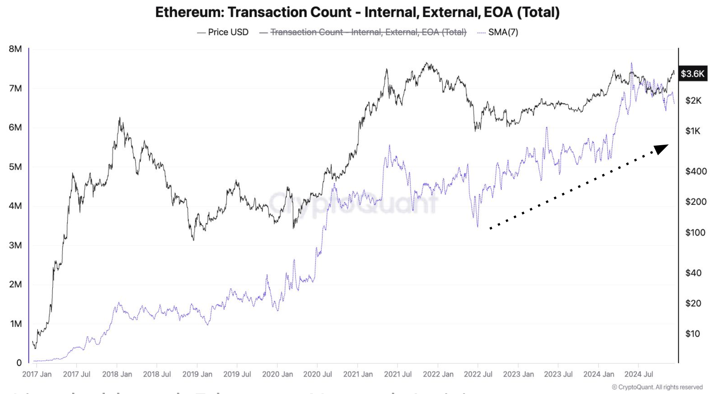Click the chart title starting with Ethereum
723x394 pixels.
[357, 12]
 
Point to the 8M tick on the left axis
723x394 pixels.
[15, 49]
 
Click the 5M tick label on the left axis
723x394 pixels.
[15, 167]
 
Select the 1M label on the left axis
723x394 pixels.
[15, 323]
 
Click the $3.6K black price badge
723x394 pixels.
[692, 74]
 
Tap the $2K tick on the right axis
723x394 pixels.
[693, 100]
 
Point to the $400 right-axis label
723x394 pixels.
[696, 171]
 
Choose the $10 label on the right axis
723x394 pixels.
[692, 334]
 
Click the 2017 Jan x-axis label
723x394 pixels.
[37, 374]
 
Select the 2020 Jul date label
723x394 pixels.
[318, 374]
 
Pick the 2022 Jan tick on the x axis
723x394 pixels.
[438, 374]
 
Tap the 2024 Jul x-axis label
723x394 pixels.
[638, 374]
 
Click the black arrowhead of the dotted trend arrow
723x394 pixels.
[662, 148]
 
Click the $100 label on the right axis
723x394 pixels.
[695, 233]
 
